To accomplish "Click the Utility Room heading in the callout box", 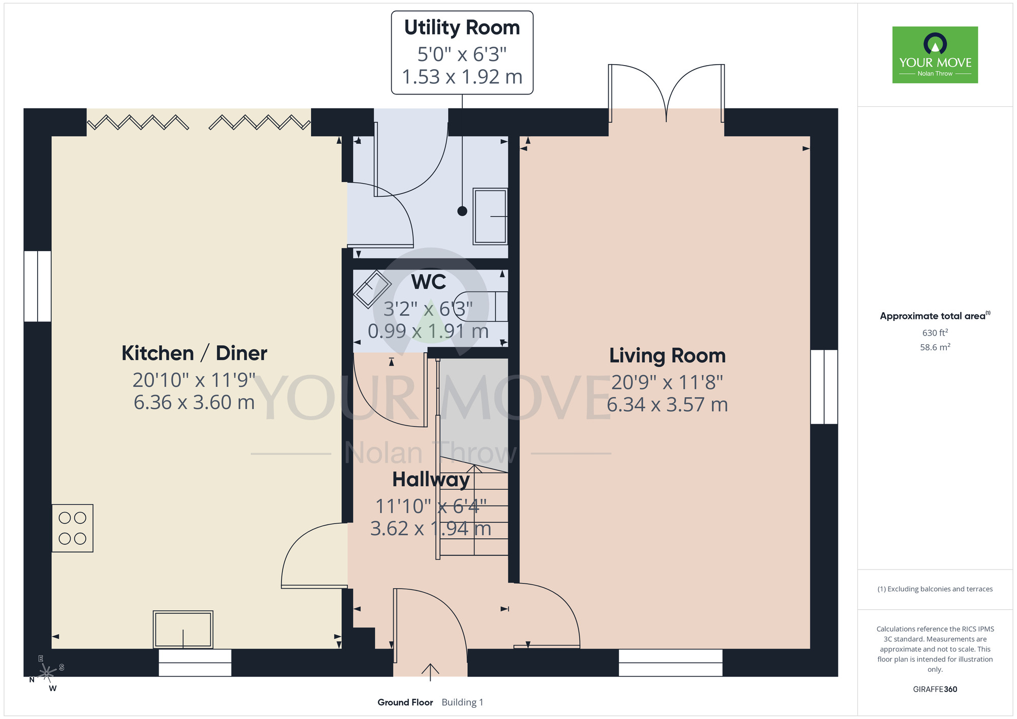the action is point(462,28).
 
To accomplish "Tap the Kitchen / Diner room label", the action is point(194,353).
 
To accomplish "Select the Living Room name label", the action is point(667,356).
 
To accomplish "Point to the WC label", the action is point(429,282).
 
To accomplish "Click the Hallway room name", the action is point(431,480).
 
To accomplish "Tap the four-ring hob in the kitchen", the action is point(72,528).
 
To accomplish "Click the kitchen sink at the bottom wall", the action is point(183,630).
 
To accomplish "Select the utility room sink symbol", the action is point(490,217).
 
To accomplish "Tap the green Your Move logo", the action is point(935,55).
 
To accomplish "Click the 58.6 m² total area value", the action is point(935,347).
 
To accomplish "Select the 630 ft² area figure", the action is point(935,333).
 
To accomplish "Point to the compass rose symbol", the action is point(47,673).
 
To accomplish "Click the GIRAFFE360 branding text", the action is point(935,690).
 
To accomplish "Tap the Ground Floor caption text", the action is point(405,702).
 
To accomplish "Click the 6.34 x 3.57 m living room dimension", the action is point(667,405).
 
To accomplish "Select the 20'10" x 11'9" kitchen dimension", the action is point(194,380).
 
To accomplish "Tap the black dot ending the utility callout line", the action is point(462,211).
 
